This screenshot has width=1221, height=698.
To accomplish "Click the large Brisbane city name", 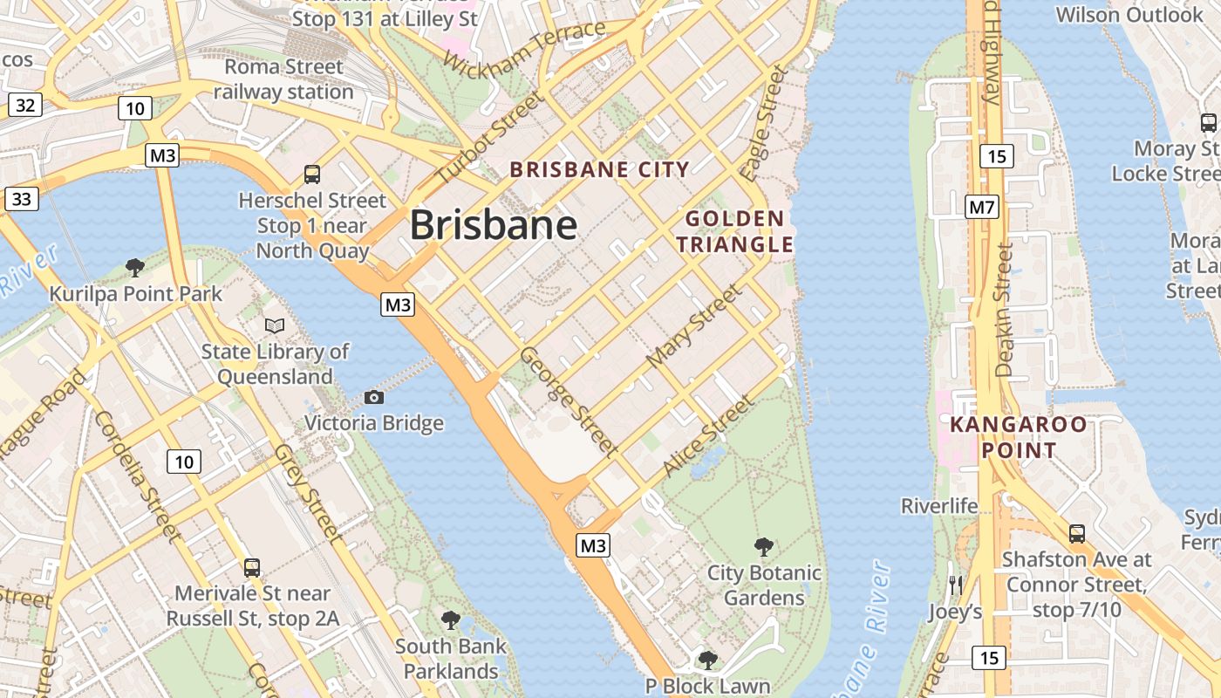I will coord(493,225).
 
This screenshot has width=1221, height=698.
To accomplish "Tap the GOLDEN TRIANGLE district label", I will coord(734,231).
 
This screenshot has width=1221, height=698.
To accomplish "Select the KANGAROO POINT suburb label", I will coord(1019,438).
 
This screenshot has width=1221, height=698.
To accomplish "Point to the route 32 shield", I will coord(25,106).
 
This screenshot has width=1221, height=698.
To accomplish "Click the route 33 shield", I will coord(22,199).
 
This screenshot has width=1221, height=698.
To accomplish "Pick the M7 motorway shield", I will coord(981,207).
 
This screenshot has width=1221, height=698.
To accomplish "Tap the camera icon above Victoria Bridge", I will coord(374,398).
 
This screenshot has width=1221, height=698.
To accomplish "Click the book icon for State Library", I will coord(275,325).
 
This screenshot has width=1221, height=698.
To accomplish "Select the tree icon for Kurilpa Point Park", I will coord(134,267).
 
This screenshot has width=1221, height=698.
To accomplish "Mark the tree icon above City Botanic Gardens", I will coord(764,547).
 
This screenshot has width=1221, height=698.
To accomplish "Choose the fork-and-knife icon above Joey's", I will coord(956,585).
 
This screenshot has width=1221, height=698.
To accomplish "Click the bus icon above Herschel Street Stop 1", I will coord(311,174).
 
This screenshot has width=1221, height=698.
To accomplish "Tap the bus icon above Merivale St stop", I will coord(252,567).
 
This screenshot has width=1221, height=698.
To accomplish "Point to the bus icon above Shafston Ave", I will coord(1077,533).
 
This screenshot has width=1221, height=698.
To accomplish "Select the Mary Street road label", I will coord(694,325).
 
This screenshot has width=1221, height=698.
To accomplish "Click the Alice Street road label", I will coord(707,436).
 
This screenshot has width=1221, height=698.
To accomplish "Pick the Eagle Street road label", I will coord(763,123).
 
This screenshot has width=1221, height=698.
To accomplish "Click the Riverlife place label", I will coord(939,506).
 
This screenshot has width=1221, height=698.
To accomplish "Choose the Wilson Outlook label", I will coord(1129,15).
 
